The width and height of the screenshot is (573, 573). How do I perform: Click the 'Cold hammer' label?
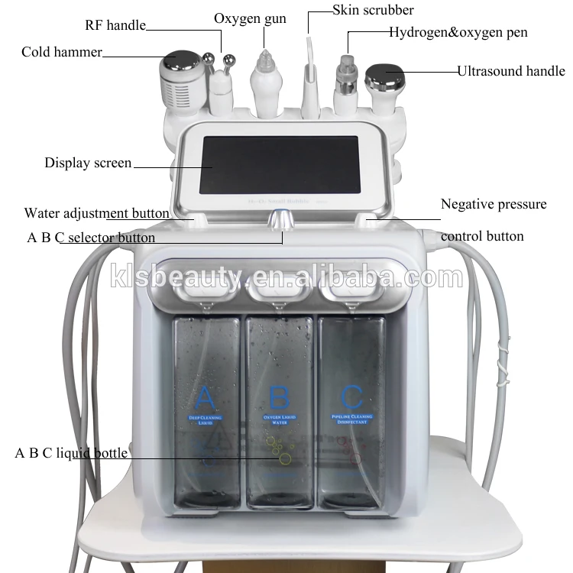(x=61, y=52)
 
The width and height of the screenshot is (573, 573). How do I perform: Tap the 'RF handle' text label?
(x=115, y=26)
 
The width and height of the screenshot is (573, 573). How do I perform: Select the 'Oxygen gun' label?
(x=250, y=18)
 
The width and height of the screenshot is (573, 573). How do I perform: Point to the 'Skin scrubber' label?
(x=373, y=10)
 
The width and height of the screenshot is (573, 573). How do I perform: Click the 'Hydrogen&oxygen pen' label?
(x=458, y=32)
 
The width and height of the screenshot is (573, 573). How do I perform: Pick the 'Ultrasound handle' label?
(x=511, y=71)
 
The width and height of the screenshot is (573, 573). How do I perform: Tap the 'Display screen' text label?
(x=88, y=163)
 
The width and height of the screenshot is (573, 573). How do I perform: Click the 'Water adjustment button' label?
(x=96, y=213)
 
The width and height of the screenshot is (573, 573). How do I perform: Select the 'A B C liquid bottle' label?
(x=71, y=453)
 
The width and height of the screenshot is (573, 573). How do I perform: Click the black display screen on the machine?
(x=278, y=164)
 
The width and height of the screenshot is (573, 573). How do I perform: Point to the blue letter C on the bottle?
(x=352, y=397)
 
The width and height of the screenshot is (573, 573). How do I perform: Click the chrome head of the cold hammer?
(x=182, y=60)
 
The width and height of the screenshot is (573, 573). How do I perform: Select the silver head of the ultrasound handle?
(x=384, y=76)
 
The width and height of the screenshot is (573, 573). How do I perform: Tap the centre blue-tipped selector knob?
(x=282, y=219)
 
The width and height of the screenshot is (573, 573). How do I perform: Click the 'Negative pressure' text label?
(x=494, y=204)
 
